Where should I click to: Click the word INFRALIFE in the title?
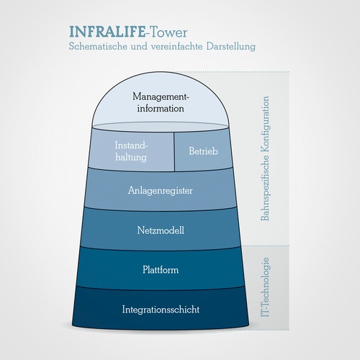[x=107, y=32]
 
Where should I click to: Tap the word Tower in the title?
[x=168, y=32]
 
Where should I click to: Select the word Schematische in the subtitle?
[x=98, y=46]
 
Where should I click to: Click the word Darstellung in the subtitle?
[x=231, y=47]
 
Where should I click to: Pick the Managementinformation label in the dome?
[x=161, y=102]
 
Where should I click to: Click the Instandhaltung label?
[x=131, y=151]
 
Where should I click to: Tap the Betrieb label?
[x=203, y=151]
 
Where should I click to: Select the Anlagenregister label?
[x=161, y=191]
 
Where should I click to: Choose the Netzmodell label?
[x=161, y=230]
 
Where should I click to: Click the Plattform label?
[x=161, y=270]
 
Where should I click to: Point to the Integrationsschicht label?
[x=161, y=310]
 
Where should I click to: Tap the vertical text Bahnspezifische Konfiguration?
[x=265, y=158]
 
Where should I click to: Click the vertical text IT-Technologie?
[x=266, y=287]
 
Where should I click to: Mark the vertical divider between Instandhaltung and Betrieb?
[x=174, y=152]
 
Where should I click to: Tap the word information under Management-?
[x=161, y=108]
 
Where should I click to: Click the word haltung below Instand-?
[x=131, y=158]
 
